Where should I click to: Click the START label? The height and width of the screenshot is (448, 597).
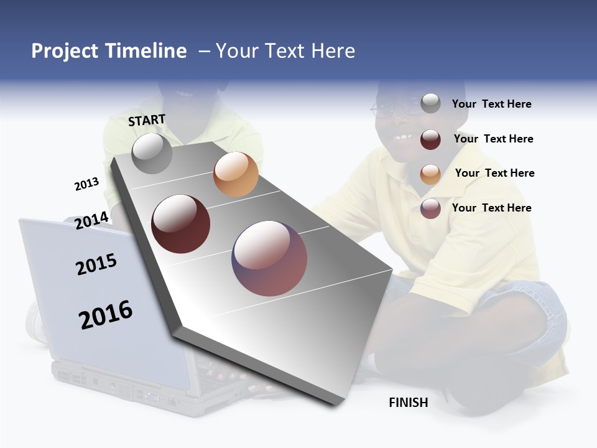pos(147,120)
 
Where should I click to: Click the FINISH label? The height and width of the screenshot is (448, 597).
pos(409,403)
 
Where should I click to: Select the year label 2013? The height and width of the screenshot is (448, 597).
pos(86,184)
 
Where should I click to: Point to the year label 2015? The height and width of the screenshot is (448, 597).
pos(96,264)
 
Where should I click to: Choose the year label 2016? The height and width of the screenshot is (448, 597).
pos(106,315)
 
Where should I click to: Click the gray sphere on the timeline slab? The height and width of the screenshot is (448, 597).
pos(152,153)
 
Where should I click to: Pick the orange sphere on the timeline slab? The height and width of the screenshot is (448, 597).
pos(236,174)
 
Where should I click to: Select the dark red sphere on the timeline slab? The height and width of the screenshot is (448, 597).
pos(181,224)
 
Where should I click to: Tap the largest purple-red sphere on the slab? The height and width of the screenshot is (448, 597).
pos(269,258)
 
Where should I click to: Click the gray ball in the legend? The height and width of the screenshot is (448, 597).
pos(430,103)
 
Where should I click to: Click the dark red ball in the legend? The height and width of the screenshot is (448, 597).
pos(430,139)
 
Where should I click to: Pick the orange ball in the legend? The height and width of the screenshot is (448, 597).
pos(430,174)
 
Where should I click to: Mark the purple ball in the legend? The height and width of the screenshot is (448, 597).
pos(430,208)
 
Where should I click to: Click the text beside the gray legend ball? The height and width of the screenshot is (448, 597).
pos(491,105)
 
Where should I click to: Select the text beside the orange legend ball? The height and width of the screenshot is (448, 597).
pos(494,173)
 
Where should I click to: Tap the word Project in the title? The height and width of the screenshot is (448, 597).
pos(65,51)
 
